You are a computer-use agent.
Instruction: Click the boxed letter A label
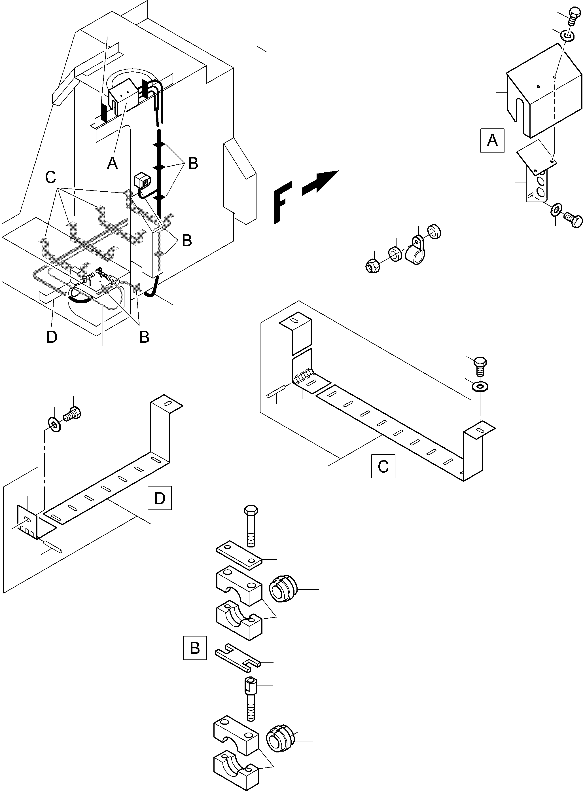[492, 141]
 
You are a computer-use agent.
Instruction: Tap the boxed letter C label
[383, 466]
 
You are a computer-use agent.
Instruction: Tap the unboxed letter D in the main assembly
[52, 337]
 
